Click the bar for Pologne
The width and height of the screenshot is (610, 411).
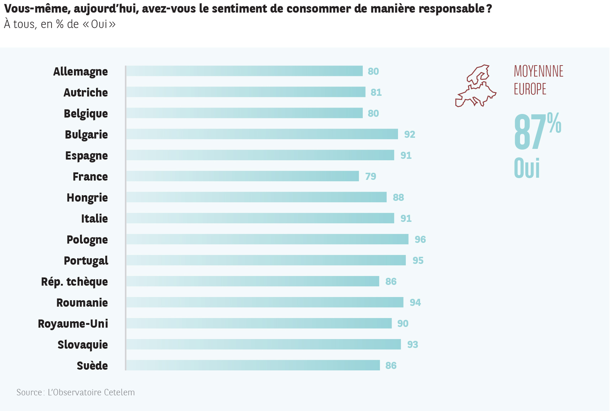coord(267,239)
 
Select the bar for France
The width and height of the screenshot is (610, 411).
coord(242,176)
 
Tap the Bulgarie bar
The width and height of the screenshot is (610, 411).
coord(262,134)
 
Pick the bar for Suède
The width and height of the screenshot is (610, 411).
coord(253,365)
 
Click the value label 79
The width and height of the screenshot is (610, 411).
coord(371,176)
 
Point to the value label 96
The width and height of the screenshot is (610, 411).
coord(420,239)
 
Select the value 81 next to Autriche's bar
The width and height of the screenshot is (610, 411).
coord(376,92)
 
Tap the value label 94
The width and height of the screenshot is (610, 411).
coord(415,302)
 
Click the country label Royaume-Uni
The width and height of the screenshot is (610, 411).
coord(73,324)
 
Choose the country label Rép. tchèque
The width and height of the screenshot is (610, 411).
coord(74,282)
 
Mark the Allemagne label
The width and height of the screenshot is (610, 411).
coord(80,72)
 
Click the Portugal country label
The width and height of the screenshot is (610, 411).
coord(86,261)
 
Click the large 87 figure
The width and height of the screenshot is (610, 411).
coord(530,132)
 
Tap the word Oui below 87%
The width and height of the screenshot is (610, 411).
coord(527,168)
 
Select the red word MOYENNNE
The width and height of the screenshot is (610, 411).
coord(539,71)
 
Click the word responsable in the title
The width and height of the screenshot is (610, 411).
coord(451,9)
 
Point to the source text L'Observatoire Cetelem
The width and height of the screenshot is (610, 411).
coord(91,392)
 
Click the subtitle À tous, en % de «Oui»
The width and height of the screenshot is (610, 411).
coord(60,24)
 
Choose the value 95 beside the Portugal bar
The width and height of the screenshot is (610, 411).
coord(418,260)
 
